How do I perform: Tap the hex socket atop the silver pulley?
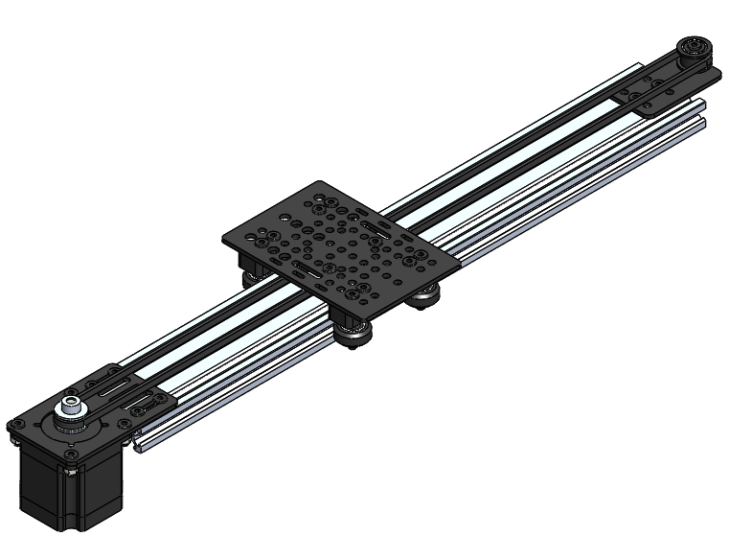(71, 403)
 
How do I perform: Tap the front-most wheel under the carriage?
(356, 335)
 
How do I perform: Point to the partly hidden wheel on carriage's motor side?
(252, 277)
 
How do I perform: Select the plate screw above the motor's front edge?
(72, 471)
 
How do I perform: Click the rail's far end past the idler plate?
(703, 110)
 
